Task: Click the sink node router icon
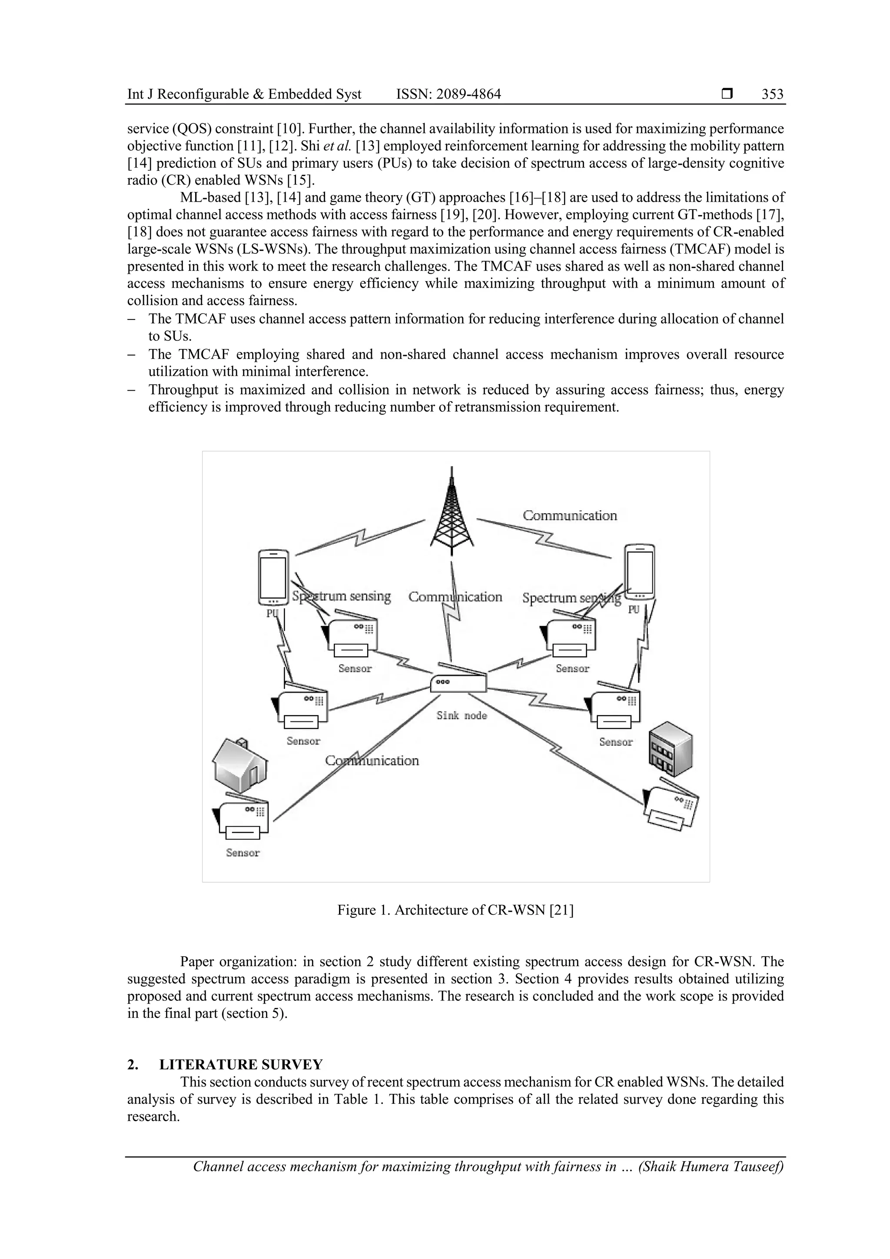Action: pos(458,681)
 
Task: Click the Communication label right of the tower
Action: pos(569,515)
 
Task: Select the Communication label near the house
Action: pos(372,761)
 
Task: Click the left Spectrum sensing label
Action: pos(341,596)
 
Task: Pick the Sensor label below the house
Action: pos(242,853)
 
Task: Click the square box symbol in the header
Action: pos(727,94)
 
